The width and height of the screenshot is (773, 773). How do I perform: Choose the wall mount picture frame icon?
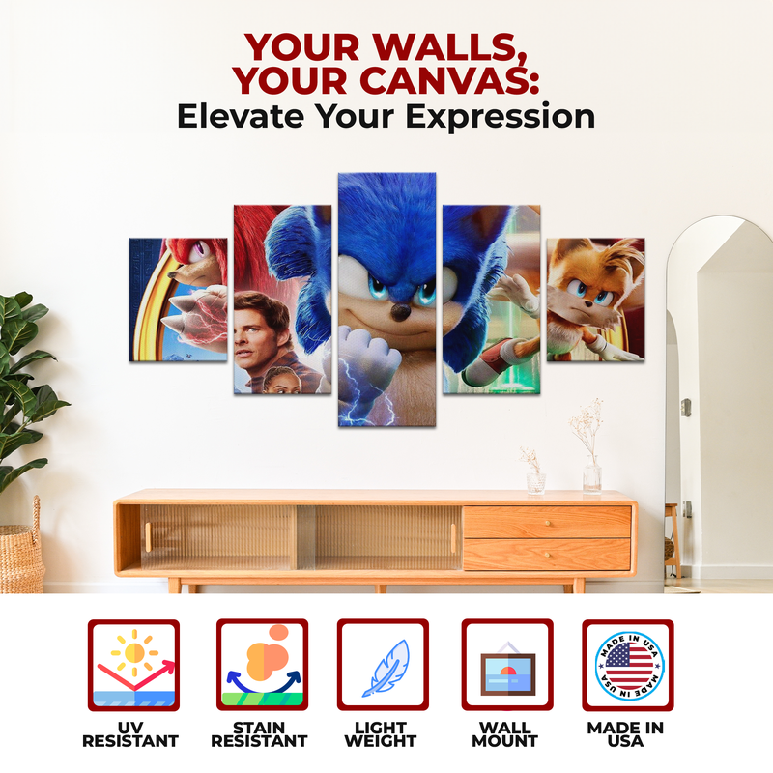[506, 667]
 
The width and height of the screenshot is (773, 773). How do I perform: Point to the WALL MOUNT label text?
[506, 734]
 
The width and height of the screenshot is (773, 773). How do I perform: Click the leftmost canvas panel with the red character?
[179, 300]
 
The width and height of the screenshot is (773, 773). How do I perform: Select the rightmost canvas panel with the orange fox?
[595, 300]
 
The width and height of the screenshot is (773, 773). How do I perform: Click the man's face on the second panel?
[264, 329]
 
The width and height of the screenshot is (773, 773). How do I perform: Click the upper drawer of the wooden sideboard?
[547, 522]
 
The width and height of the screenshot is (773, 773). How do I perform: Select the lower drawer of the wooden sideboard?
[547, 554]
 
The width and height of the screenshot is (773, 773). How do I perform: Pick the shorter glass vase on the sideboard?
[535, 479]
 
